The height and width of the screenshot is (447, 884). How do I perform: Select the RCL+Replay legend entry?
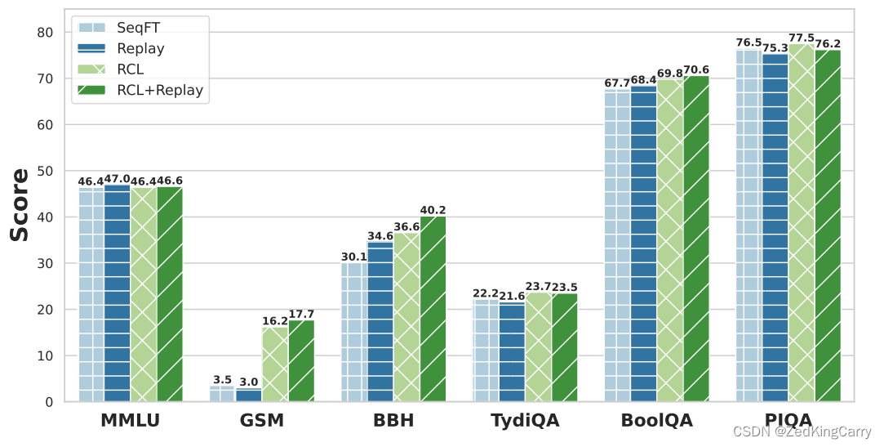pyautogui.click(x=159, y=90)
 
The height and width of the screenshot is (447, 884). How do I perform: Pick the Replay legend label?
pyautogui.click(x=140, y=48)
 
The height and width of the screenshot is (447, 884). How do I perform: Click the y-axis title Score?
pyautogui.click(x=20, y=204)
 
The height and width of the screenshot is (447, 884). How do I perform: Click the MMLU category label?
pyautogui.click(x=131, y=422)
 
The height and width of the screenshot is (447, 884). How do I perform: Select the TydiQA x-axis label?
pyautogui.click(x=525, y=422)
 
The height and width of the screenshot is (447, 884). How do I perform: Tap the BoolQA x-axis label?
pyautogui.click(x=656, y=422)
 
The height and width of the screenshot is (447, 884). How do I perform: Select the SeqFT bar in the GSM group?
pyautogui.click(x=222, y=394)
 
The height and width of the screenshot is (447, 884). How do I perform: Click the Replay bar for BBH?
pyautogui.click(x=380, y=322)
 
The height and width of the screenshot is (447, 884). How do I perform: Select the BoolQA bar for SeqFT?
pyautogui.click(x=617, y=246)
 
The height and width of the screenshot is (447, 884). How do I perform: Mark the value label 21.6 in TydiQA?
pyautogui.click(x=512, y=296)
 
